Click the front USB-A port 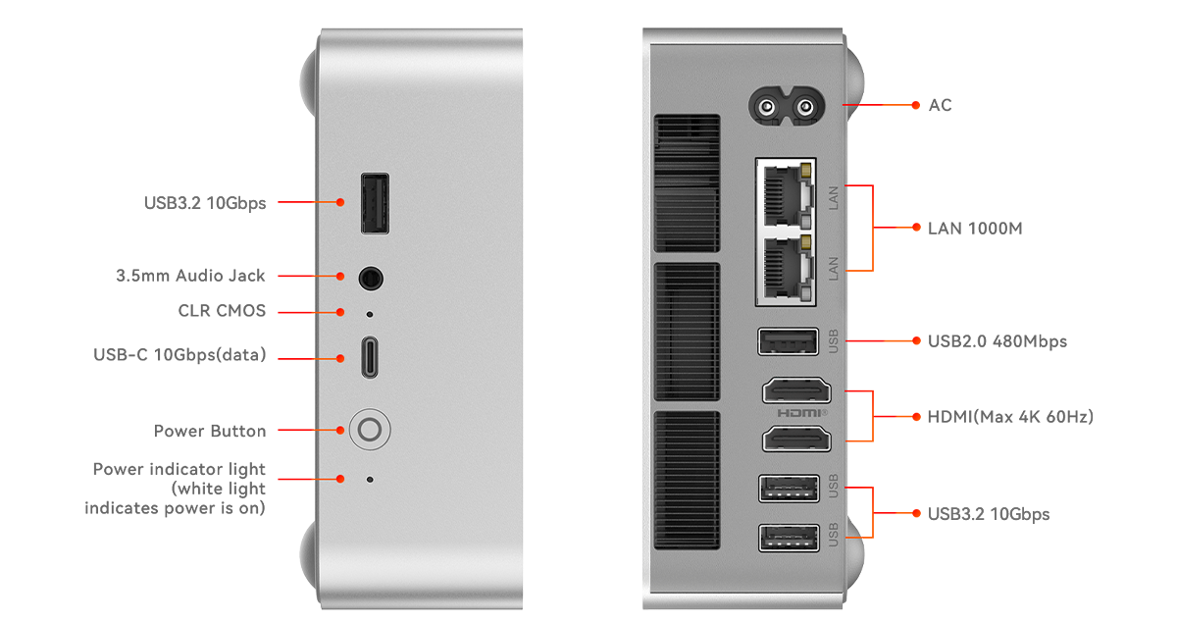[375, 203]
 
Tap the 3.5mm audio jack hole [371, 278]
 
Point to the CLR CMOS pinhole [370, 314]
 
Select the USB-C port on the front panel [370, 357]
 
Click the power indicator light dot [370, 480]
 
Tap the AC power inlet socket [786, 107]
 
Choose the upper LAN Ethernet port [786, 195]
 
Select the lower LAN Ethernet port [786, 268]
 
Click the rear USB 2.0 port [789, 341]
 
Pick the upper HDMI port [796, 391]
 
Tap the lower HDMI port [796, 439]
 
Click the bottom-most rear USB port [789, 538]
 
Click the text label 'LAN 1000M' [975, 229]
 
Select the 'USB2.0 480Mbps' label [998, 341]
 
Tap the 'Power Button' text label [210, 431]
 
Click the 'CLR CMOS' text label [222, 311]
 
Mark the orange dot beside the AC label [916, 105]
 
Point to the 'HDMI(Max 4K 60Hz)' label [1010, 417]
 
